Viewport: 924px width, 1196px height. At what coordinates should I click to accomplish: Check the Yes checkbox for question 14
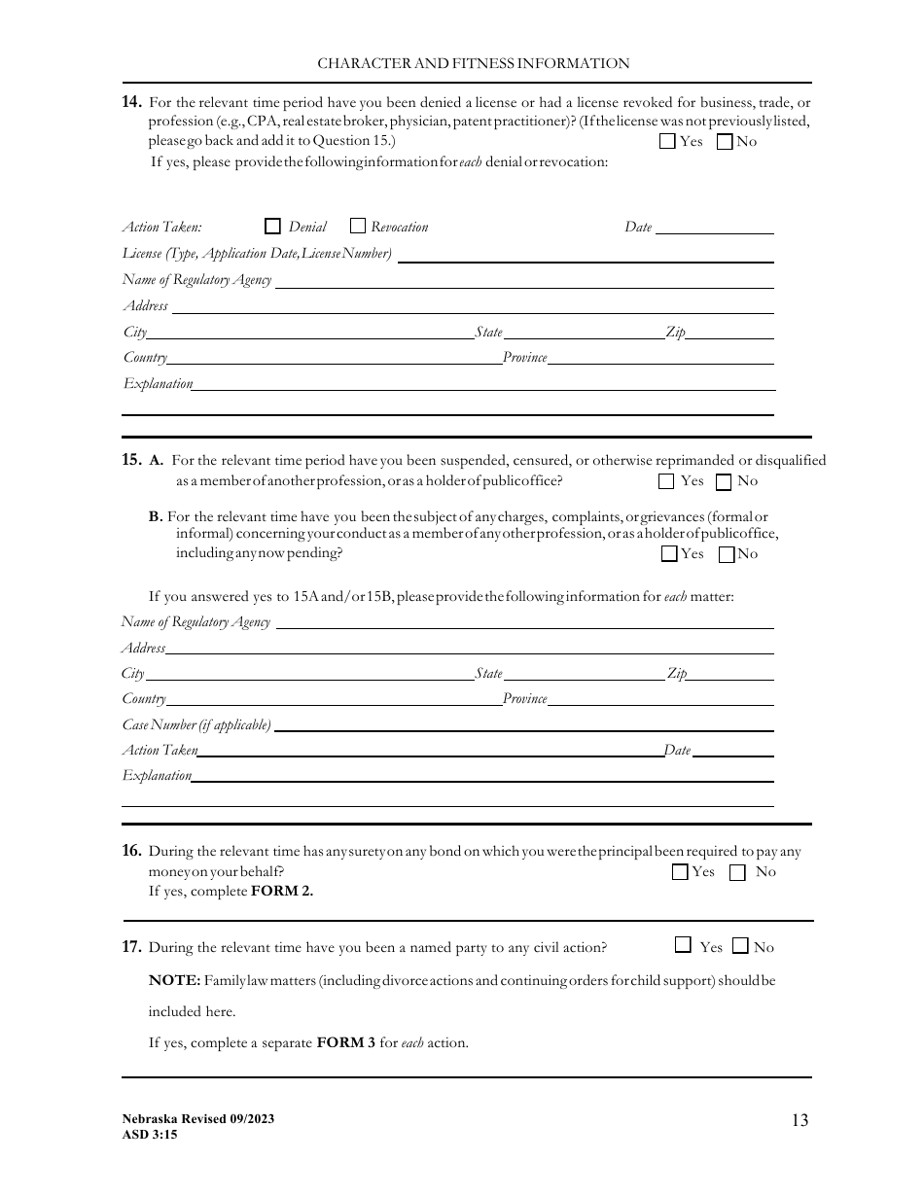click(x=667, y=142)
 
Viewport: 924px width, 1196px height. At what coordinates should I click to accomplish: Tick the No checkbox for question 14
click(x=725, y=142)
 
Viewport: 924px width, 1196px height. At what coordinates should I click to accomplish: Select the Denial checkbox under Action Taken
click(x=272, y=227)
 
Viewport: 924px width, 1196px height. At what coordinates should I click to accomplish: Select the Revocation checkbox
click(x=357, y=227)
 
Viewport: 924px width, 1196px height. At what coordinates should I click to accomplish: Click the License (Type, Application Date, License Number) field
click(x=586, y=254)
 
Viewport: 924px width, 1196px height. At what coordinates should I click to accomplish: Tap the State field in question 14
click(x=584, y=332)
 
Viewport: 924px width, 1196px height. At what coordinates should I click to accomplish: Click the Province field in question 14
click(x=661, y=357)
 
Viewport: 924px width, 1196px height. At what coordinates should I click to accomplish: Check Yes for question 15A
click(x=666, y=481)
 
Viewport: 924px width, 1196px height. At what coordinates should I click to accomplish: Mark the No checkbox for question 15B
click(x=727, y=554)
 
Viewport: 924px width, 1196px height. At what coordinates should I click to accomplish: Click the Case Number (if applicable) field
click(x=524, y=724)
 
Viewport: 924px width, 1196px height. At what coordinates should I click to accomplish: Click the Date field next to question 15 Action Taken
click(x=733, y=750)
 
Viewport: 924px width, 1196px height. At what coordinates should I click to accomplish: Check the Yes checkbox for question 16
click(x=680, y=872)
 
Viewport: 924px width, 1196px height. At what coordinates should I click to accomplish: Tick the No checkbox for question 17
click(x=741, y=946)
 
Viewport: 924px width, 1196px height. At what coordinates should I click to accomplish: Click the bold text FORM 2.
click(x=282, y=891)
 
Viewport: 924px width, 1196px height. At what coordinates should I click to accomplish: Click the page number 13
click(x=800, y=1120)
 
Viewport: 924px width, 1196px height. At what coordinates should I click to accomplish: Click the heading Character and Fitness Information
click(x=474, y=63)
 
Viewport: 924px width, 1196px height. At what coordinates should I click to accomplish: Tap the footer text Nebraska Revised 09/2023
click(x=198, y=1119)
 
